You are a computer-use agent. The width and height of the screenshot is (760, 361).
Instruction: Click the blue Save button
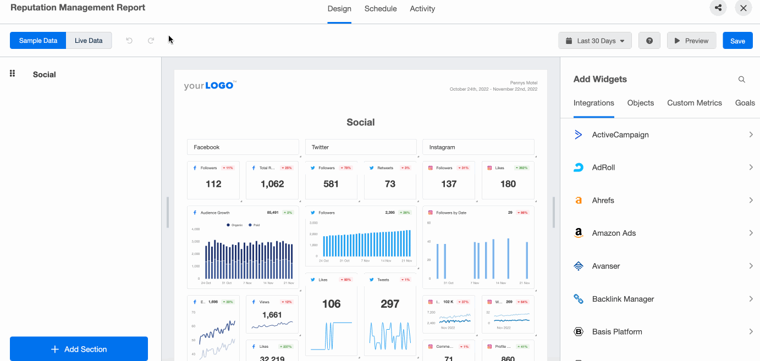(x=737, y=41)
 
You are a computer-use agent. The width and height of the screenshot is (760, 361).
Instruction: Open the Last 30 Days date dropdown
(x=594, y=41)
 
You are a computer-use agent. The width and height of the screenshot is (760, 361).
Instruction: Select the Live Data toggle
(x=89, y=41)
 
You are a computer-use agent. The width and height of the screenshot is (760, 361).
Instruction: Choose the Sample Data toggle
(x=38, y=41)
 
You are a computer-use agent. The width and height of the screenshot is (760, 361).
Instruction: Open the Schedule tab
(x=380, y=9)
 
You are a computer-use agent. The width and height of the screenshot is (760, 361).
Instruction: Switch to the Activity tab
(x=422, y=9)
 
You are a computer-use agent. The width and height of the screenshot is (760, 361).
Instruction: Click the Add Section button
(x=79, y=349)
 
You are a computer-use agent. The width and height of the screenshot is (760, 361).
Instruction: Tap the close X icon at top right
(x=743, y=8)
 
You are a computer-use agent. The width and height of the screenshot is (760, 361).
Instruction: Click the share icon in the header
(x=718, y=8)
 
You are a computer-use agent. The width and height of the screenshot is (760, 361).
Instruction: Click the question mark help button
(x=649, y=41)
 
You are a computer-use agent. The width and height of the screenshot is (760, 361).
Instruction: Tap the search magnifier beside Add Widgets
(x=741, y=80)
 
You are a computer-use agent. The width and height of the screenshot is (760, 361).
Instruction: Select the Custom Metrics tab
(x=694, y=103)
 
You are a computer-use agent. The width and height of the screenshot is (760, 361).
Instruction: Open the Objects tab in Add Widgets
(x=640, y=103)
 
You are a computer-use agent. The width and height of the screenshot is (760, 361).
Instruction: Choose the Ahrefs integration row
(x=660, y=201)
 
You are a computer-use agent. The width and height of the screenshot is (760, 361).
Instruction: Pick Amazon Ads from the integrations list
(x=660, y=233)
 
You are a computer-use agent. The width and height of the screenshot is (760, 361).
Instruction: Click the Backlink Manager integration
(x=660, y=299)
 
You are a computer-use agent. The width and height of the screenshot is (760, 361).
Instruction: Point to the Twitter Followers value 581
(x=331, y=184)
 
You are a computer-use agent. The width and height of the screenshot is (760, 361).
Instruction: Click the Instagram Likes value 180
(x=508, y=184)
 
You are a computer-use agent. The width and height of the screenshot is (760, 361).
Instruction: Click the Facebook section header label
(x=207, y=147)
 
